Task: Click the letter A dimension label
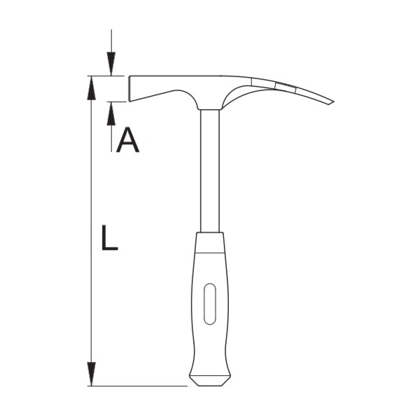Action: coord(128,140)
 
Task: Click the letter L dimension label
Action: coord(109,237)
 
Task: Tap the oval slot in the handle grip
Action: coord(210,304)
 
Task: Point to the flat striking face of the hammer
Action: coord(129,89)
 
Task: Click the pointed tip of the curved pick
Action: coord(334,101)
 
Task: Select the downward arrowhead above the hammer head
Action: coord(111,64)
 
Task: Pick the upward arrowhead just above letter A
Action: coord(111,113)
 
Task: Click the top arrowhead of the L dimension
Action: coord(92,88)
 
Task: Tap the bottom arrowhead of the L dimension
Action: coord(92,374)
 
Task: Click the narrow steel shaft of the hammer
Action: coord(210,171)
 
